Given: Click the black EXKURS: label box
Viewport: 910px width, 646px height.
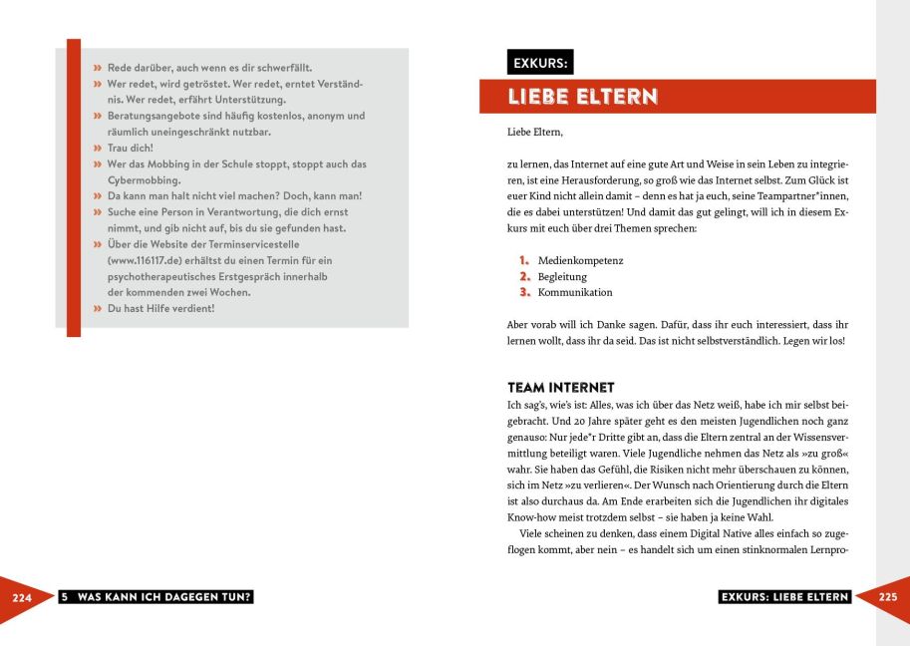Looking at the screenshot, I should [x=540, y=62].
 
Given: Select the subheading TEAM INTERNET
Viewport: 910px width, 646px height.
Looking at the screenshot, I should [x=561, y=387].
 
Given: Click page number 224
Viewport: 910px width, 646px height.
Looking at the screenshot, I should [x=23, y=598].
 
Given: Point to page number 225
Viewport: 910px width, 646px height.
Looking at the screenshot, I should [x=888, y=598].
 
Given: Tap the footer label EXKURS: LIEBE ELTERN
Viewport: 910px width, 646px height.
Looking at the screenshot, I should [x=784, y=597].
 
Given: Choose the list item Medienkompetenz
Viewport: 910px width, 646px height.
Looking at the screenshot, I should [x=580, y=260].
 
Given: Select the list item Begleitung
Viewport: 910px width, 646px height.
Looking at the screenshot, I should [x=562, y=276].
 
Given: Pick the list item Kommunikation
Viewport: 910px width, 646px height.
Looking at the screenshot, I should [x=575, y=292].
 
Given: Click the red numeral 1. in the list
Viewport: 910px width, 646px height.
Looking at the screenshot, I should [x=524, y=260].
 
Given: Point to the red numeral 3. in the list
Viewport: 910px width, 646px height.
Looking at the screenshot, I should [x=524, y=292].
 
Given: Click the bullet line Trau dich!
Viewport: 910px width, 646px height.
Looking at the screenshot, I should [x=131, y=148].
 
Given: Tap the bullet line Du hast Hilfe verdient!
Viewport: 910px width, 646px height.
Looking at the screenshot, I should [x=160, y=308].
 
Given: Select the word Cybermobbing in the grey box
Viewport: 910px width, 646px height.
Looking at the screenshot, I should [x=144, y=180].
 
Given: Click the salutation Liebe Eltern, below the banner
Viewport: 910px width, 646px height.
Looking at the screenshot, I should [x=534, y=131].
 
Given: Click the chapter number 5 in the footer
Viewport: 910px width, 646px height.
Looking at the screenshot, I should [x=64, y=597].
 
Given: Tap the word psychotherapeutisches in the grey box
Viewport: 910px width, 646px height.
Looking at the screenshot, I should [x=159, y=276].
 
